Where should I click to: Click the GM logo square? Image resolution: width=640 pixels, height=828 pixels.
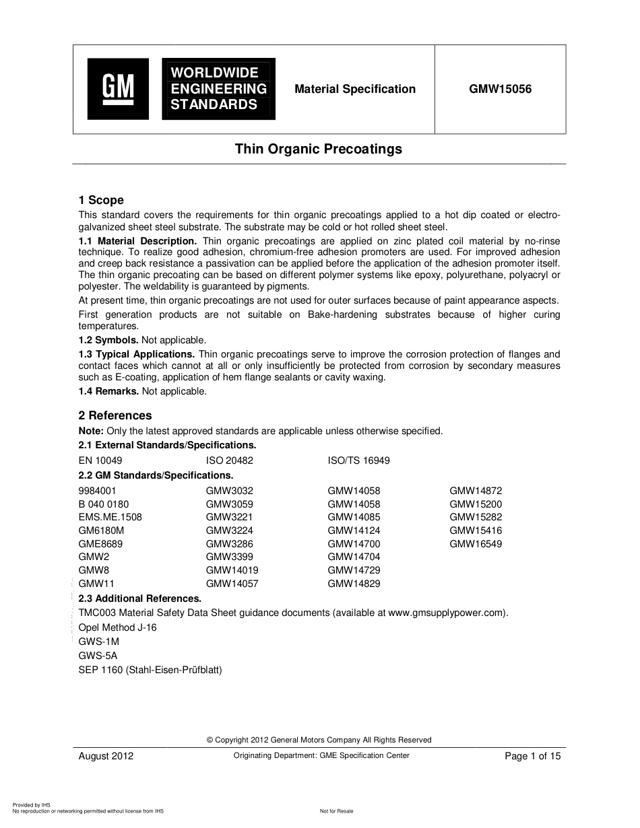coord(118,89)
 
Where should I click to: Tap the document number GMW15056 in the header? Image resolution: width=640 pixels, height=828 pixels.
coord(501,89)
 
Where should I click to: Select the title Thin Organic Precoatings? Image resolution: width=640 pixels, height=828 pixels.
coord(318,149)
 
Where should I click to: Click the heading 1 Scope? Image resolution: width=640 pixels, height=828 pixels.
coord(101,200)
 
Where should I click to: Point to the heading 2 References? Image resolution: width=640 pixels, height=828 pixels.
coord(115,415)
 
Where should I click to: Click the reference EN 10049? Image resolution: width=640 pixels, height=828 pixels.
coord(100,461)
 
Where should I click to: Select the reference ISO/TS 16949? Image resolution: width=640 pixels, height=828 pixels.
coord(358,461)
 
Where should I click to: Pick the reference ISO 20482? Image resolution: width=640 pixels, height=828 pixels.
coord(229,461)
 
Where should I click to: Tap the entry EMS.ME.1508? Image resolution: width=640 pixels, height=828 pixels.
coord(110,517)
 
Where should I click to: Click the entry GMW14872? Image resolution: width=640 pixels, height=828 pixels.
coord(476,491)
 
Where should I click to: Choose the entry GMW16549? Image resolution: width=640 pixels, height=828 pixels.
coord(476,544)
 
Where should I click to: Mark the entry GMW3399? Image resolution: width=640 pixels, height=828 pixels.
coord(229,557)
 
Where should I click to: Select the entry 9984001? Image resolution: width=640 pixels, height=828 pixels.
coord(98,491)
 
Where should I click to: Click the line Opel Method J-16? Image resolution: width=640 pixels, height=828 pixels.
coord(117,627)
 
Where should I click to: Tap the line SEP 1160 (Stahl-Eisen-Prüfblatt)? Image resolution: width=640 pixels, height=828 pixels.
coord(150,670)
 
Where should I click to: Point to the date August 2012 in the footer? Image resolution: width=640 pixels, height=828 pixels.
coord(106,756)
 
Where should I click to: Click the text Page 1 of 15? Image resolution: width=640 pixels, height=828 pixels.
coord(532,756)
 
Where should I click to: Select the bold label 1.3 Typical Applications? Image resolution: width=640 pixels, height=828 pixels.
coord(137,354)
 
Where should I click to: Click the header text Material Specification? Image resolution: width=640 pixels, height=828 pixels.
coord(355,89)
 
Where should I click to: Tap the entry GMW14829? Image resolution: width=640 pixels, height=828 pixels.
coord(354,584)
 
